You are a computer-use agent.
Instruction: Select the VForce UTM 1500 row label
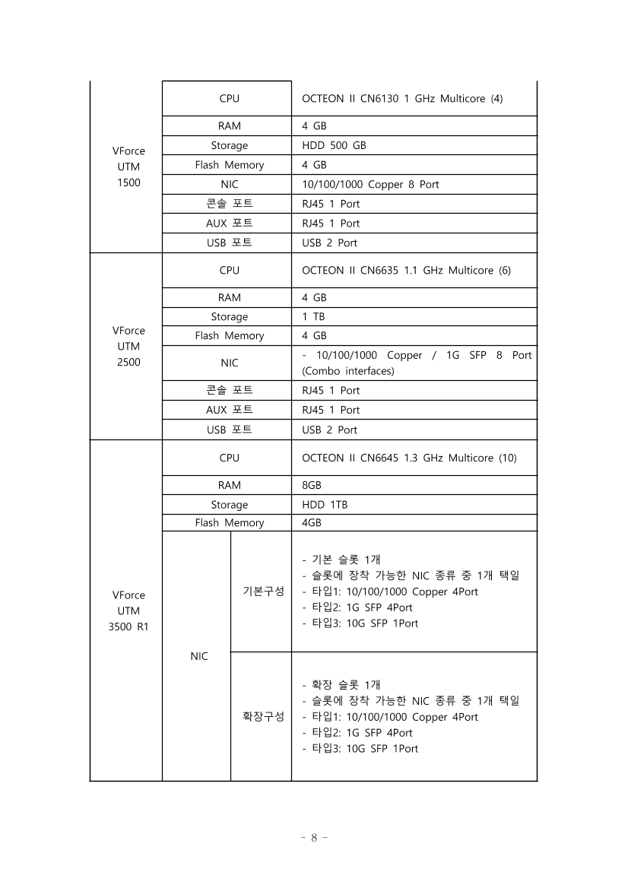coord(128,166)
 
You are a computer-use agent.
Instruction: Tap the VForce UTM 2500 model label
coord(128,346)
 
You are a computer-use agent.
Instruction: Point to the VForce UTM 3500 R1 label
coord(128,610)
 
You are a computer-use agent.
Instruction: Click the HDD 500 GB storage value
coord(334,145)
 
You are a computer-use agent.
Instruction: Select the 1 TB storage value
coord(313,316)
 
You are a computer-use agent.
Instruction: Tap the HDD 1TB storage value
coord(325,504)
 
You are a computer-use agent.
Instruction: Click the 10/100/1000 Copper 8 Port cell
coord(370,184)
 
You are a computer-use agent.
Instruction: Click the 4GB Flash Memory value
coord(312,523)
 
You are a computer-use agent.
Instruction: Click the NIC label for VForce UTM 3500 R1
coord(198,656)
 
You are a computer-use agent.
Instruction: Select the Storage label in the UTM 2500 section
coord(229,316)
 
